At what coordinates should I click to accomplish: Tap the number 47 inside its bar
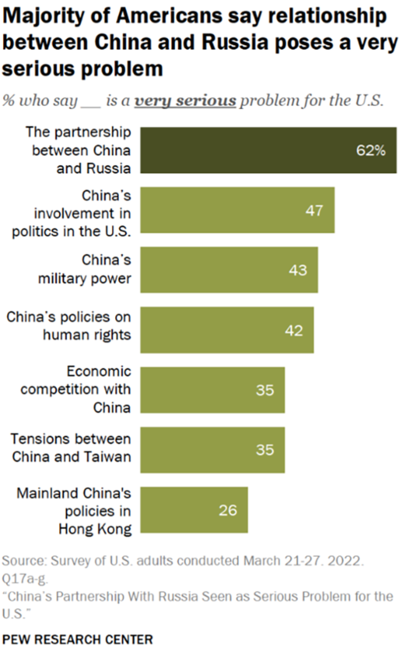click(314, 210)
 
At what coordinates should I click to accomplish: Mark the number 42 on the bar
click(293, 330)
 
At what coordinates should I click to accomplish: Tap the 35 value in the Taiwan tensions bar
click(265, 450)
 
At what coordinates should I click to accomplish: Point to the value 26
click(228, 510)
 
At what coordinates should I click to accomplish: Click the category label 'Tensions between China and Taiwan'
click(71, 447)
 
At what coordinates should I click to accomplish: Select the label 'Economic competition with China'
click(76, 389)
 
